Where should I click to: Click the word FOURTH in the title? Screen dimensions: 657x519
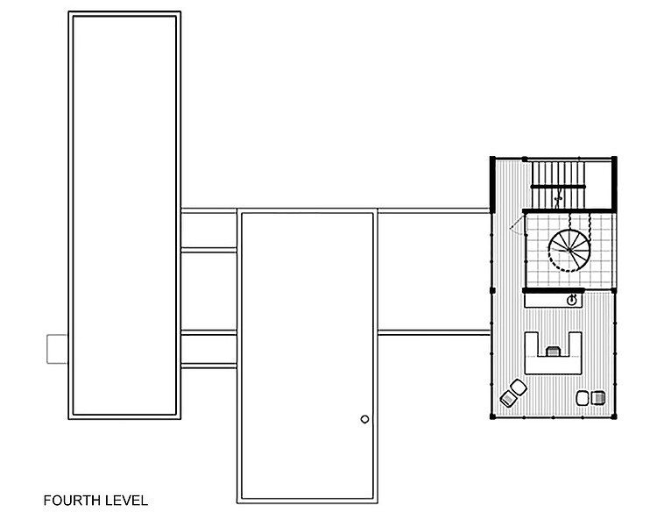point(72,501)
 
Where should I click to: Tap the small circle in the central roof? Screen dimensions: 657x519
point(364,419)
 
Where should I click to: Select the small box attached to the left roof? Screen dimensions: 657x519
point(57,349)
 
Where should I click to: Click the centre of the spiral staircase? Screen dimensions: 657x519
point(569,251)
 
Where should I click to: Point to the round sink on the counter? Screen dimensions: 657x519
point(571,300)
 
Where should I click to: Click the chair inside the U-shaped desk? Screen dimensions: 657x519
point(553,352)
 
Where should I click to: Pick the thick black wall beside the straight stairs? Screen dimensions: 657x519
point(492,184)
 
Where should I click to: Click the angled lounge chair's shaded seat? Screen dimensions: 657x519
point(507,398)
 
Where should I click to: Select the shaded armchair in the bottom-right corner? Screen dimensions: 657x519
point(598,398)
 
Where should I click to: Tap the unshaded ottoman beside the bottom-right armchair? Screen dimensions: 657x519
point(583,398)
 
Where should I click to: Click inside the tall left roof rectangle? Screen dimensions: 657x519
point(124,215)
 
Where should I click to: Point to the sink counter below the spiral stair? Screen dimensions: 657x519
point(553,301)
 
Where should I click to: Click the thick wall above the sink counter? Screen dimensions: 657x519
point(553,290)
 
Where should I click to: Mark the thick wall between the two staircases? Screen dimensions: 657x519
point(569,210)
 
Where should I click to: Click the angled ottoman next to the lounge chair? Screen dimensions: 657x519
point(519,387)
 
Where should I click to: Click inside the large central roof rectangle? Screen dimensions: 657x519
point(307,356)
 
